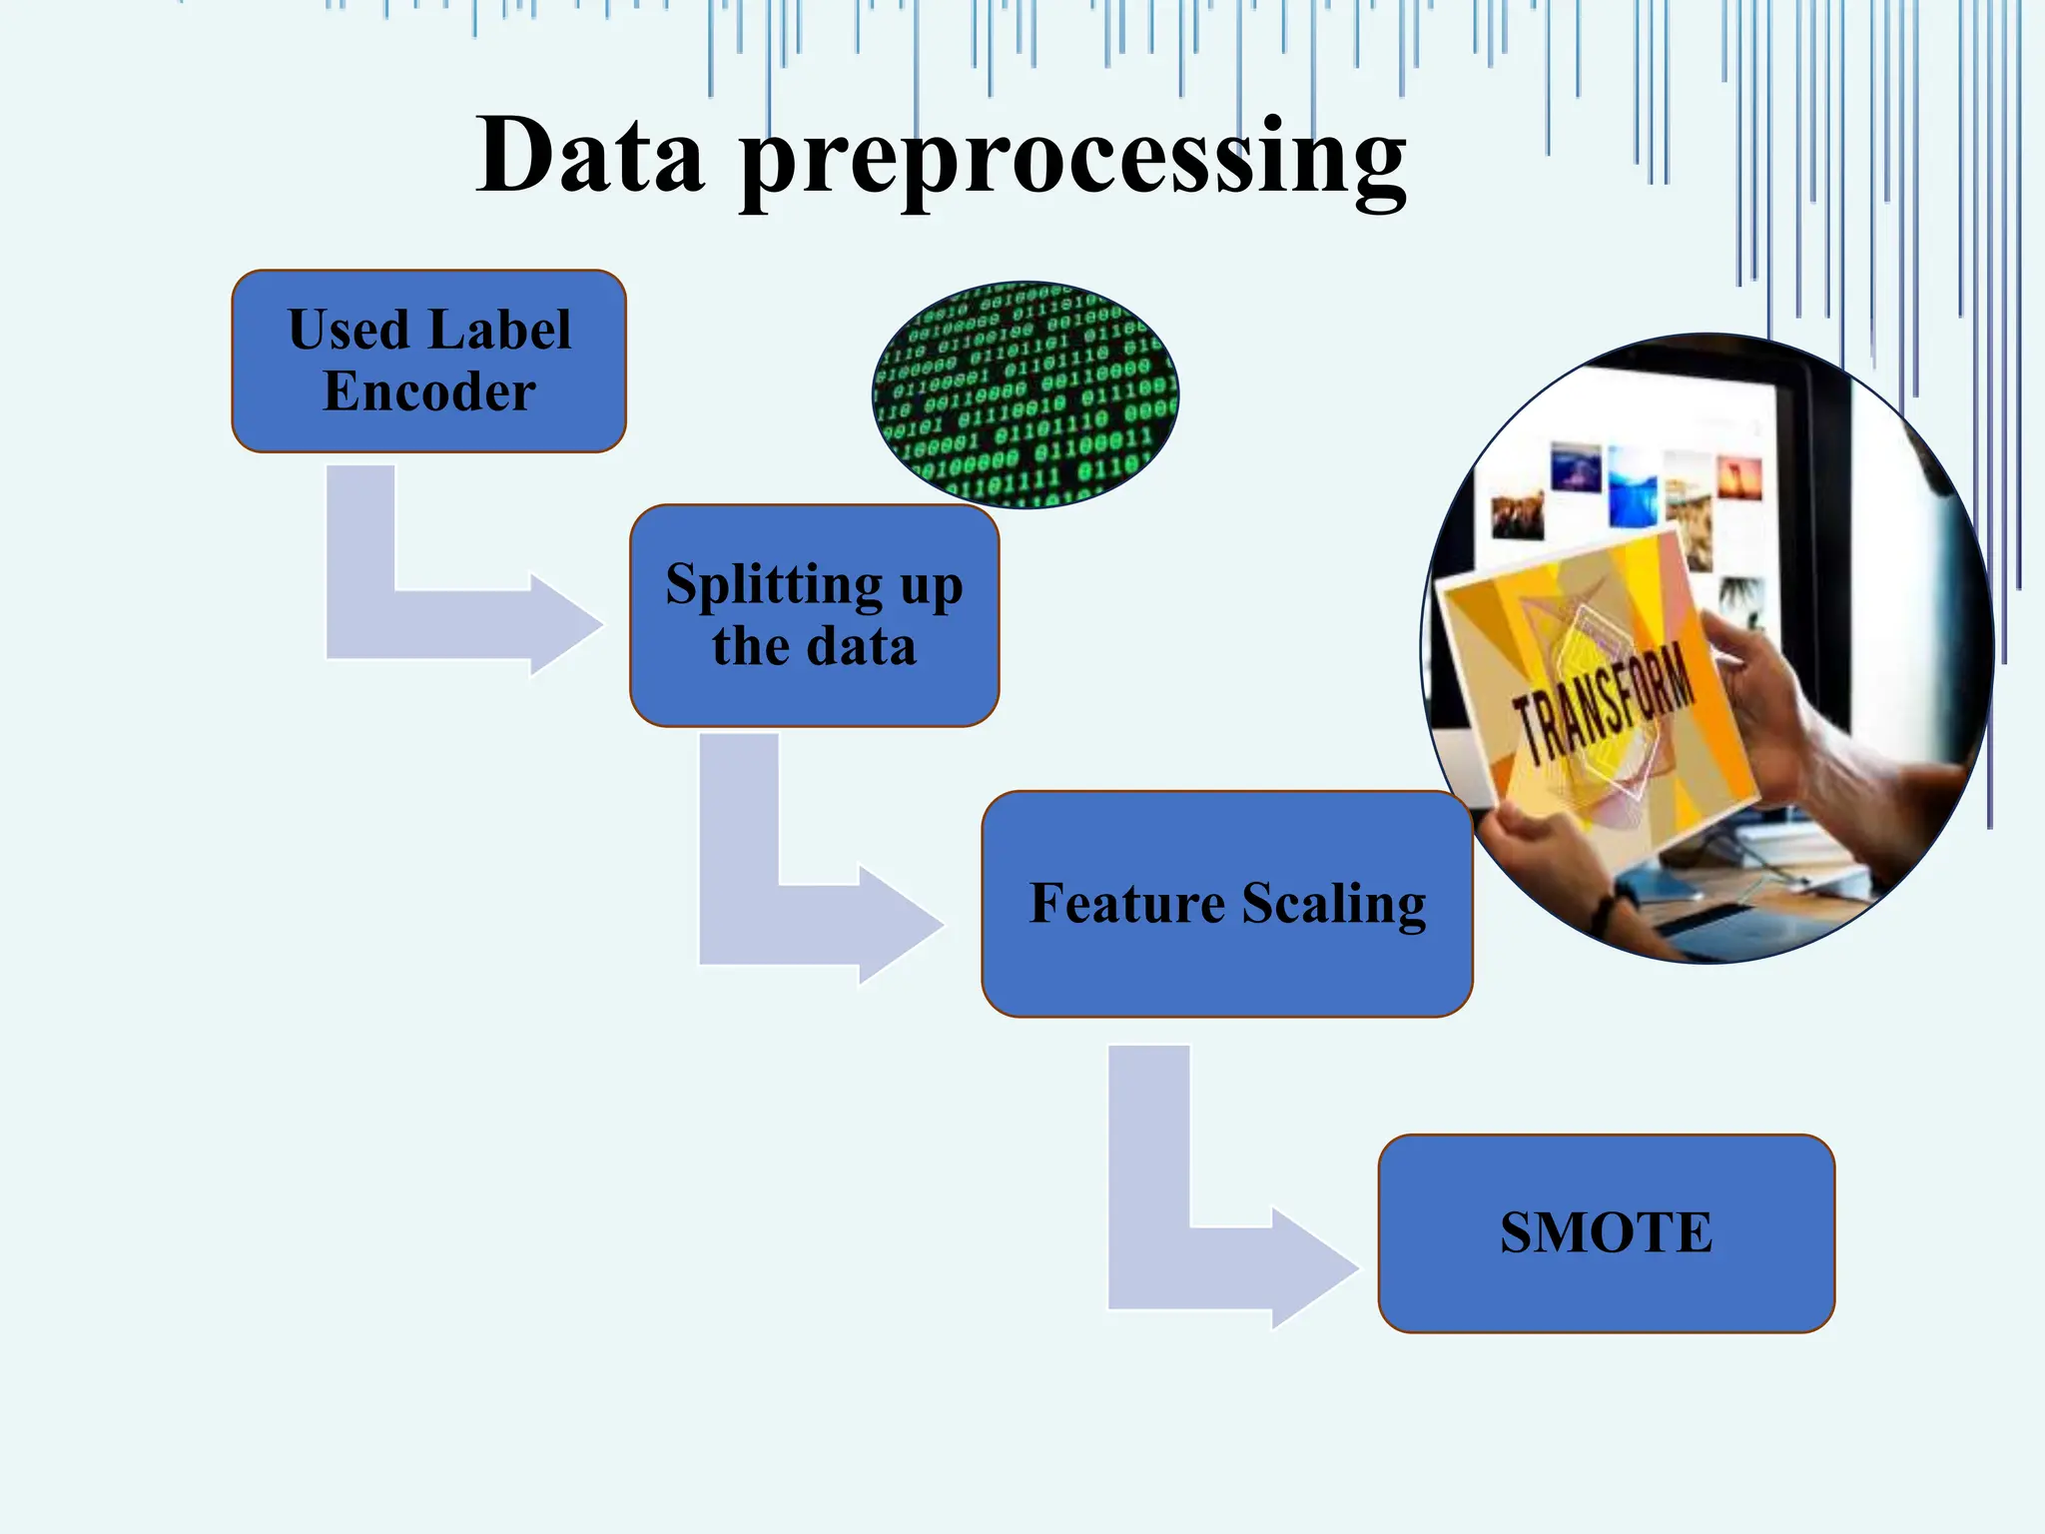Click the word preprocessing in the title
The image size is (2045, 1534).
coord(1073,160)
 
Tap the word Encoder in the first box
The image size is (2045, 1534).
coord(428,391)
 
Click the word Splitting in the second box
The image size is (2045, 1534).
coord(773,584)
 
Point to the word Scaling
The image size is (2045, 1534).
coord(1334,904)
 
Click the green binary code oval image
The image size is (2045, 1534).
coord(1025,395)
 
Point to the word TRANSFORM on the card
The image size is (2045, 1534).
coord(1604,705)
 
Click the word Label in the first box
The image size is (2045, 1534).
coord(499,330)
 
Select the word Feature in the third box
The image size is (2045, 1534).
coord(1126,904)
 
